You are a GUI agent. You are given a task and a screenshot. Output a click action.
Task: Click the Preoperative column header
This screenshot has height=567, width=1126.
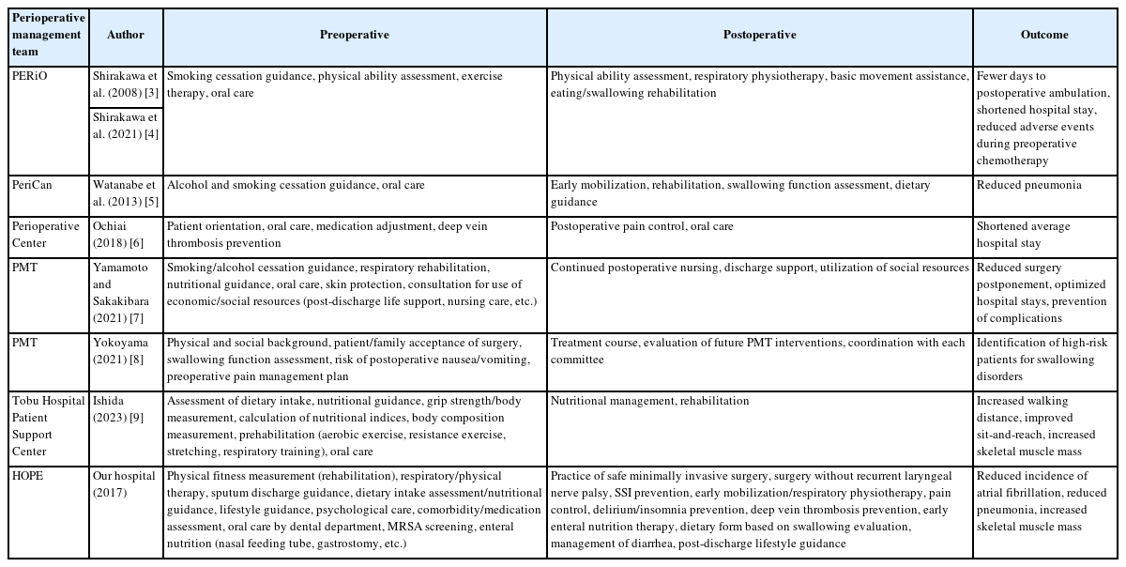[354, 35]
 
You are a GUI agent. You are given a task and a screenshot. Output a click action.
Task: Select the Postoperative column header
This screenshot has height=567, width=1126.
[759, 35]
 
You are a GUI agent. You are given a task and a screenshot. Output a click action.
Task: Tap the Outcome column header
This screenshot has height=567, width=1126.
[1044, 35]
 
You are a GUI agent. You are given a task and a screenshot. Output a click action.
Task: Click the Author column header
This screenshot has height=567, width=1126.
[126, 35]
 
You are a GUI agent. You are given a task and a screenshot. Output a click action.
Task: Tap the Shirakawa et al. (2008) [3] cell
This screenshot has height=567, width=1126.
[126, 84]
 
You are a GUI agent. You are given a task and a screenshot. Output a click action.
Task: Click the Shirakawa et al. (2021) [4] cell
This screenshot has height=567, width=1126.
[126, 125]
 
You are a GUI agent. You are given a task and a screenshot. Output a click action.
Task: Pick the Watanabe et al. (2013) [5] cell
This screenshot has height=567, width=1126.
[126, 193]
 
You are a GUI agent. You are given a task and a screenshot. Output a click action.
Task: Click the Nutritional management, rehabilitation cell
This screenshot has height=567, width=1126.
[649, 401]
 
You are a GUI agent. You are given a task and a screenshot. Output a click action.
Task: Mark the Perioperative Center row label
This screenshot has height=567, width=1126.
[45, 235]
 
